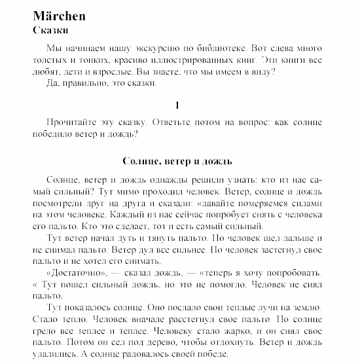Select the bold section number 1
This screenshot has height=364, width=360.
(177, 105)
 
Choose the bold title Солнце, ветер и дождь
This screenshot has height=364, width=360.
(177, 161)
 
